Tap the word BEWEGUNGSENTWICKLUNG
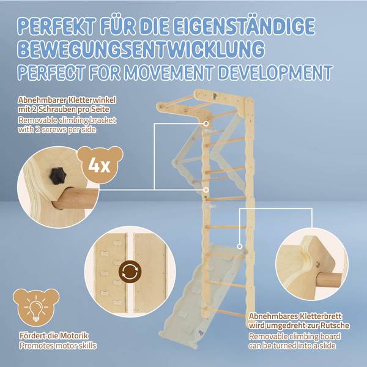[x=141, y=49]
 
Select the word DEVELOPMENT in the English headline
[x=275, y=73]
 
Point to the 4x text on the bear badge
[x=99, y=166]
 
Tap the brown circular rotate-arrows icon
[x=130, y=272]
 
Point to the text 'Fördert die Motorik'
[x=54, y=336]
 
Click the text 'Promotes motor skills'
[x=58, y=346]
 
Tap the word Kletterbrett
[x=321, y=316]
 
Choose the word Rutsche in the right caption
[x=335, y=325]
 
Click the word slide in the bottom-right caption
[x=327, y=346]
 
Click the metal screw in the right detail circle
[x=317, y=264]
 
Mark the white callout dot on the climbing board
[x=239, y=247]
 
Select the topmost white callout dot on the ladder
[x=206, y=124]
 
